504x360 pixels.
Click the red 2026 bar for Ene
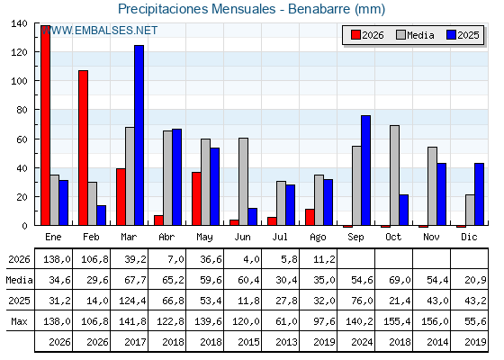pyautogui.click(x=45, y=125)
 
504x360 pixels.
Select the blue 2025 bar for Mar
pyautogui.click(x=139, y=135)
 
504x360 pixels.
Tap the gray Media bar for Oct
pyautogui.click(x=395, y=175)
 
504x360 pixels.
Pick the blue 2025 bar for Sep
pyautogui.click(x=365, y=170)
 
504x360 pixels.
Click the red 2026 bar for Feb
pyautogui.click(x=83, y=148)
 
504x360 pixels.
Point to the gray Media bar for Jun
pyautogui.click(x=243, y=182)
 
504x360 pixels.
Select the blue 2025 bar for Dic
pyautogui.click(x=479, y=194)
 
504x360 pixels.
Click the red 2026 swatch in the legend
pyautogui.click(x=355, y=35)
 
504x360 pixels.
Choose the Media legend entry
pyautogui.click(x=415, y=35)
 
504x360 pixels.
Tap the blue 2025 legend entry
pyautogui.click(x=463, y=35)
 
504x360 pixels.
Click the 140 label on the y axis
pyautogui.click(x=19, y=23)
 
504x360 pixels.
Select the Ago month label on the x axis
pyautogui.click(x=318, y=238)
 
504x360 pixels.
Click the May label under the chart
pyautogui.click(x=204, y=238)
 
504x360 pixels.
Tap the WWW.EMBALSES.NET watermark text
pyautogui.click(x=99, y=31)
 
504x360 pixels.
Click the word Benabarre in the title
pyautogui.click(x=319, y=9)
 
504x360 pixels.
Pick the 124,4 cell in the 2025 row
pyautogui.click(x=132, y=301)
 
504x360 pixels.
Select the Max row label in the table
pyautogui.click(x=19, y=321)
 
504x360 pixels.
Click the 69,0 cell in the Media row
pyautogui.click(x=400, y=280)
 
